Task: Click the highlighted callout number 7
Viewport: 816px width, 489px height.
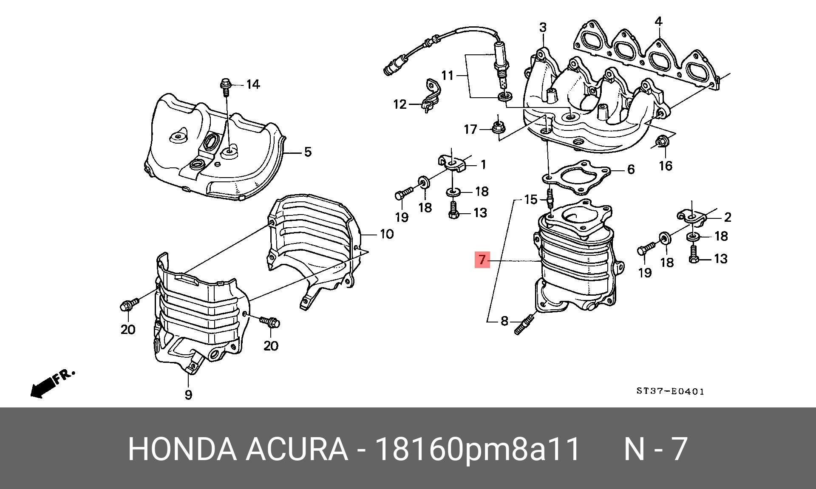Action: [x=482, y=259]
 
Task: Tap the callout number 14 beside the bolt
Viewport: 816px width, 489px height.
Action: [x=253, y=85]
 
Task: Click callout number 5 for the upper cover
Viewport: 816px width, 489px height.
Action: [x=308, y=152]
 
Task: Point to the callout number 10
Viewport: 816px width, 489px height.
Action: [x=386, y=234]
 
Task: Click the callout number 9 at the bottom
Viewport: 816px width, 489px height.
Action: [x=188, y=395]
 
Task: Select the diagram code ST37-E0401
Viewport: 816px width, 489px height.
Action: [x=670, y=391]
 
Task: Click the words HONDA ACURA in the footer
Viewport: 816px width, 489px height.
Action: [x=237, y=449]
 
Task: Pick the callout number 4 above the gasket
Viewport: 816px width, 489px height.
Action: [x=658, y=21]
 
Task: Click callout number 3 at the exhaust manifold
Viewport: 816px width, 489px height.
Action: [x=543, y=28]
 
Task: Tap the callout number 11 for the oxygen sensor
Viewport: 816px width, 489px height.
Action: [x=448, y=76]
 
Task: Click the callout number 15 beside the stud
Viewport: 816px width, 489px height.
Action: [x=531, y=199]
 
